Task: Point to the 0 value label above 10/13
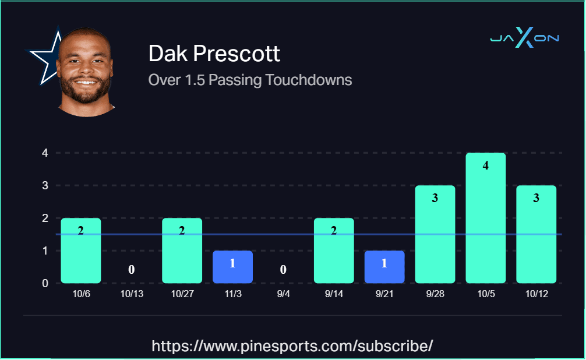(x=132, y=270)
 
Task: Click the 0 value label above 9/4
(x=283, y=270)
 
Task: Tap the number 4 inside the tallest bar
(x=486, y=165)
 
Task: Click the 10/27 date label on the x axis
(x=182, y=294)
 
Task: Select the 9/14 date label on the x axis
(x=334, y=294)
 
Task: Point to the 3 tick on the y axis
(x=44, y=186)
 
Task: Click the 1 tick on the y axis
(x=44, y=251)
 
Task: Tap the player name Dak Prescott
(x=214, y=54)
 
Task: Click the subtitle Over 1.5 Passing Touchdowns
(x=250, y=80)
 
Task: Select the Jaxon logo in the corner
(x=524, y=38)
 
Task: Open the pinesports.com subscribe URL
(x=292, y=346)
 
